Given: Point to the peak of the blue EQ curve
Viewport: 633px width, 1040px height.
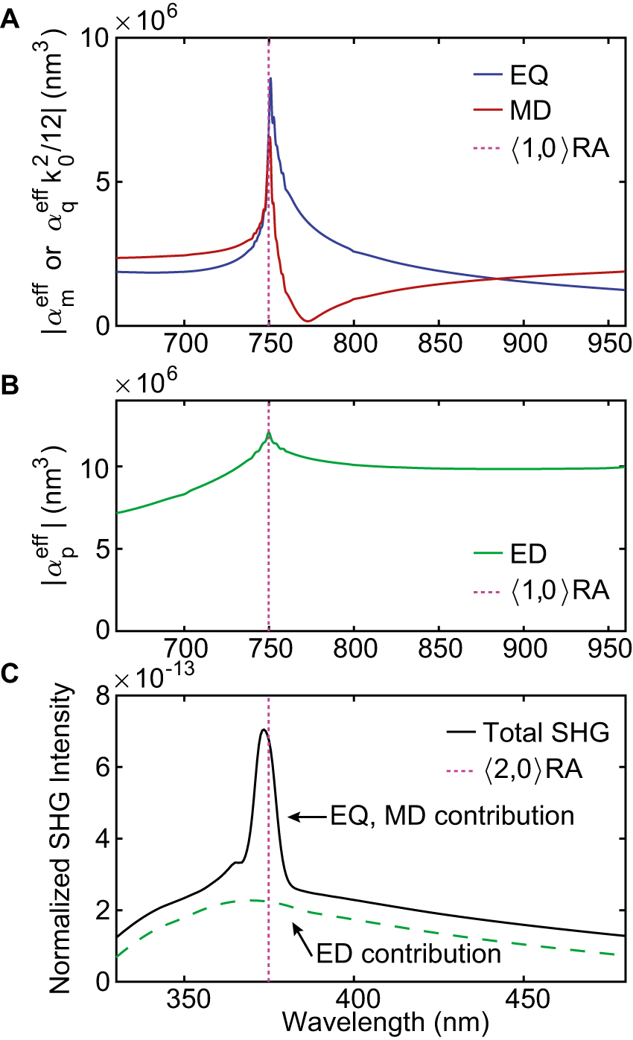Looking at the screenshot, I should (x=270, y=78).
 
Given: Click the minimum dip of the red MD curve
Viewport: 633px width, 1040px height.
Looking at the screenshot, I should (x=308, y=321).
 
